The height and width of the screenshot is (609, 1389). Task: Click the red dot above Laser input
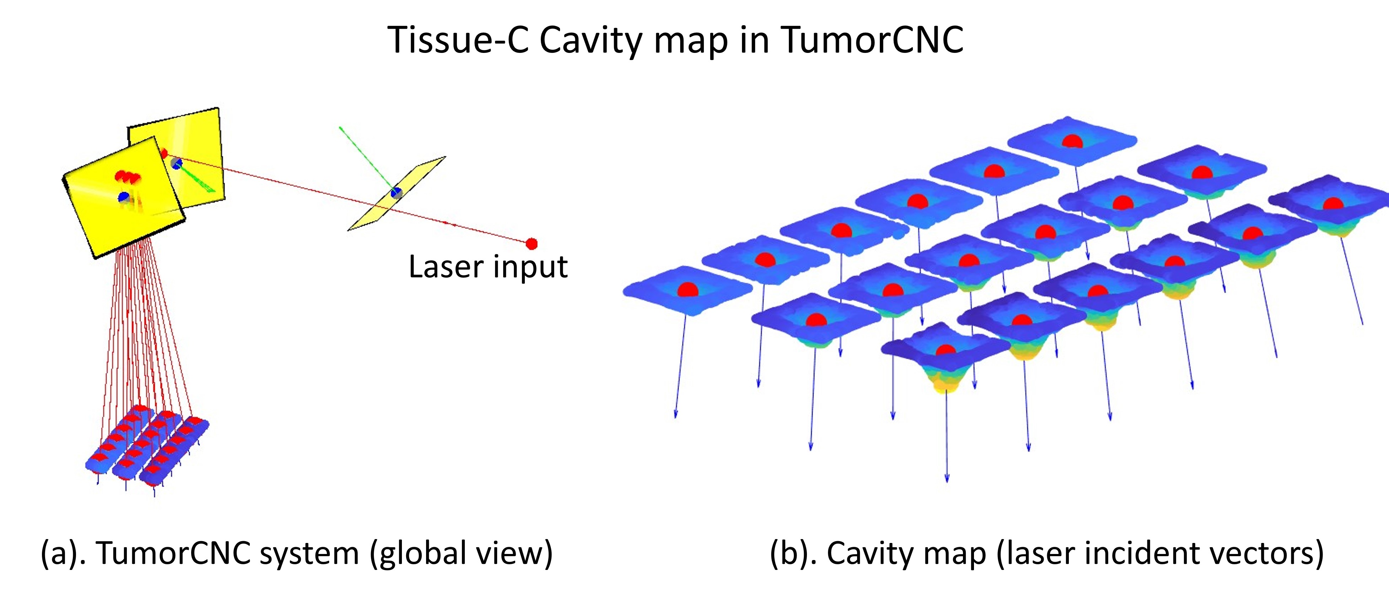click(x=532, y=244)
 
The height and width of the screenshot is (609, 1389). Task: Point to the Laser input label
click(x=488, y=267)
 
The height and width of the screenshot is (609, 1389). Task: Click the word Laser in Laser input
click(x=445, y=267)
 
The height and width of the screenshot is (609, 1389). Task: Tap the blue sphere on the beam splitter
click(x=396, y=192)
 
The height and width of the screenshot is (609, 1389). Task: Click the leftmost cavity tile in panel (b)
click(x=688, y=291)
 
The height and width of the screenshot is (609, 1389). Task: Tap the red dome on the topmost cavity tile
click(x=1072, y=141)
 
